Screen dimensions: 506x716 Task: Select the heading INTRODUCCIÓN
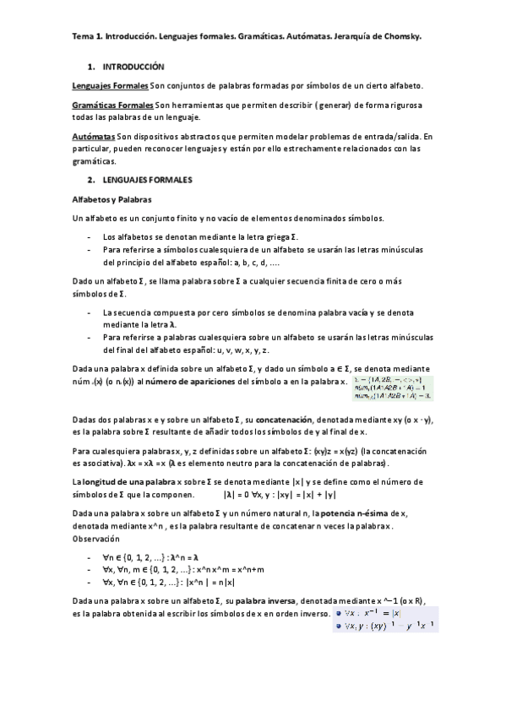tap(133, 66)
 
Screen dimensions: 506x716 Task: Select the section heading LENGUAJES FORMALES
tap(148, 181)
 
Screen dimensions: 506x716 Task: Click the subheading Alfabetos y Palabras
tap(112, 200)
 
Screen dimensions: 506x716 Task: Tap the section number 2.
tap(90, 181)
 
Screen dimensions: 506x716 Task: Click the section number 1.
tap(90, 66)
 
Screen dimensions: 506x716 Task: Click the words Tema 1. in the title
tap(87, 38)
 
